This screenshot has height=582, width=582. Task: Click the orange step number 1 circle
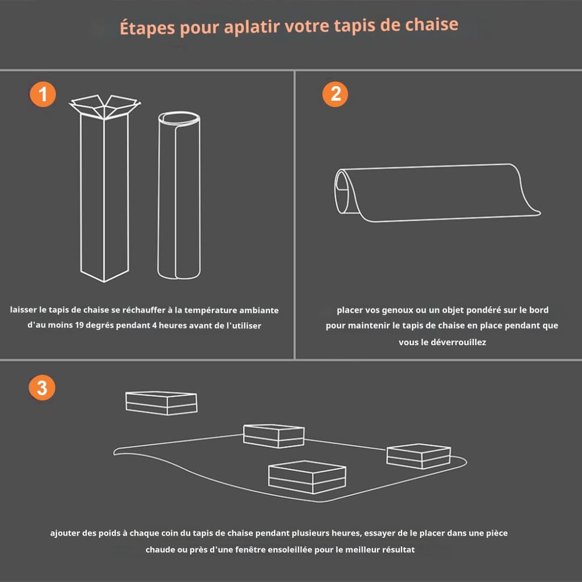point(42,94)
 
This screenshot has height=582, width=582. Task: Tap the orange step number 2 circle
point(335,94)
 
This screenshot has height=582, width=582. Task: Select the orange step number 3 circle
point(42,388)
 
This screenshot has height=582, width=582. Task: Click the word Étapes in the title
point(147,28)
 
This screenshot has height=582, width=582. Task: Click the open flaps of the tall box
point(105,107)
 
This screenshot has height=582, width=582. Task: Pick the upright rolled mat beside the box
point(179,195)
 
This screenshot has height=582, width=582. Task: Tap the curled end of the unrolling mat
point(343,191)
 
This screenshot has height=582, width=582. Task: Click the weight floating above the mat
point(161,403)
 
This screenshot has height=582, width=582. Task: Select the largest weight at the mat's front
point(307,477)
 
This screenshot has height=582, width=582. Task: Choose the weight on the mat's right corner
point(418,456)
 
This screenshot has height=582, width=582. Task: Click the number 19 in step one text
point(79,325)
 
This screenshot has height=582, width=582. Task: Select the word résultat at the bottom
point(398,549)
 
